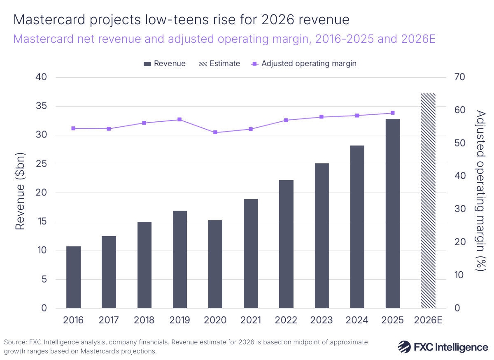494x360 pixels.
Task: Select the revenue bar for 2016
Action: [x=73, y=277]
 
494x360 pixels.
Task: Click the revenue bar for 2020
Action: [x=215, y=264]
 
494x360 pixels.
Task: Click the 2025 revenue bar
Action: [x=393, y=214]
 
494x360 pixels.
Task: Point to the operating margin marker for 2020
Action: [x=215, y=132]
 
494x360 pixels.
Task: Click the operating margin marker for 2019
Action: [x=180, y=120]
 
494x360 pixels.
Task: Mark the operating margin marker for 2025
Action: [x=393, y=113]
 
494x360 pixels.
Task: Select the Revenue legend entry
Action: [x=165, y=64]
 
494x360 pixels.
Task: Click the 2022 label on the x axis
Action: [x=286, y=320]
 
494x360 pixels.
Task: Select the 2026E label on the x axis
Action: [x=428, y=320]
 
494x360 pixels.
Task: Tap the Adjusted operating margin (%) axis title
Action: [x=480, y=190]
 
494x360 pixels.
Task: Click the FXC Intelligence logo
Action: [x=443, y=347]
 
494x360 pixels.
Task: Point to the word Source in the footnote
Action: [x=14, y=342]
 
